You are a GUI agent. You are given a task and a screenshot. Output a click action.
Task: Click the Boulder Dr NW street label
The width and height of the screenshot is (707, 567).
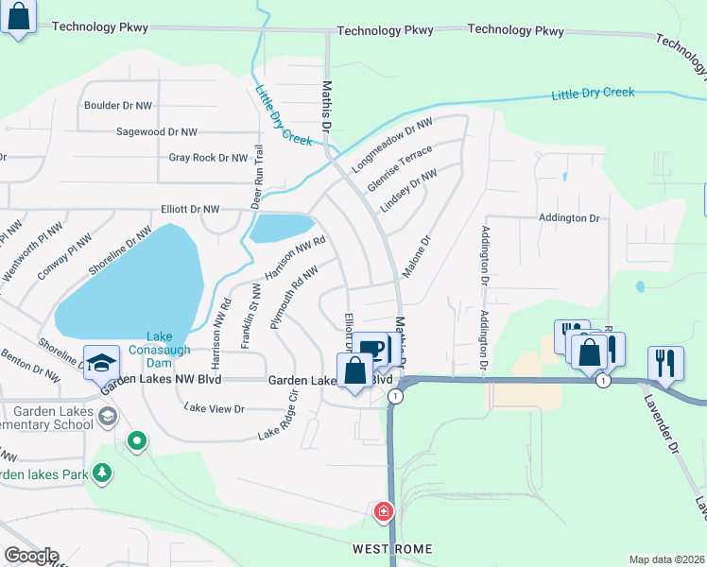tap(118, 106)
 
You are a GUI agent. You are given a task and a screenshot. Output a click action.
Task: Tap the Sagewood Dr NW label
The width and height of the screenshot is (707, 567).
tap(156, 132)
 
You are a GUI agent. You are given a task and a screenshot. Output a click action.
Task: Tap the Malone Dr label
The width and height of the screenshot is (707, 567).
tap(416, 257)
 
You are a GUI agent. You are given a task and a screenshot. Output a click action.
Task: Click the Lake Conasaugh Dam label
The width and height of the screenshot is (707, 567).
tap(168, 343)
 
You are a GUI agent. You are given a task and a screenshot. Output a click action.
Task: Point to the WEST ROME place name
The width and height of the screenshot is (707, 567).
tap(392, 549)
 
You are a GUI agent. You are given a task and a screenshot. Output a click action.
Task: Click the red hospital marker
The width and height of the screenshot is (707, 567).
tap(384, 512)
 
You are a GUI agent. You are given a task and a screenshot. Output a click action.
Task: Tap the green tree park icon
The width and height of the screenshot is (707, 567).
tap(102, 473)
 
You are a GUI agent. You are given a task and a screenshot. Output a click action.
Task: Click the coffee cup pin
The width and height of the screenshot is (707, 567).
tap(374, 347)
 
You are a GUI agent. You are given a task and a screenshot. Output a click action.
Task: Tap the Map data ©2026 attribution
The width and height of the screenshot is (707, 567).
tap(666, 559)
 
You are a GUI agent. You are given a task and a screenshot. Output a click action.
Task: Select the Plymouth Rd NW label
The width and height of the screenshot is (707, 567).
tap(294, 297)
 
